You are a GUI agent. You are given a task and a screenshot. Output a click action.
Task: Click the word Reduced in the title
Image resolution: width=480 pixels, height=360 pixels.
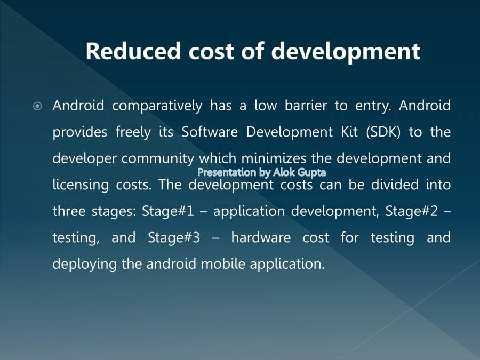coord(133,51)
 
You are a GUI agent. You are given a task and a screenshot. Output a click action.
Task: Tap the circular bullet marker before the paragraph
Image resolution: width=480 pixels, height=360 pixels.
coord(37,106)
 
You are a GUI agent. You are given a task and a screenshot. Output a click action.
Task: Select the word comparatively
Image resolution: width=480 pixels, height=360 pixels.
coord(157,106)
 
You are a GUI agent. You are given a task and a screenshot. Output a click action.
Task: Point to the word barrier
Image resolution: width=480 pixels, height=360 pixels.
coord(306,105)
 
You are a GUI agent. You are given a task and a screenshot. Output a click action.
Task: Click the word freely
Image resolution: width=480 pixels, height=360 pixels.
coord(133,132)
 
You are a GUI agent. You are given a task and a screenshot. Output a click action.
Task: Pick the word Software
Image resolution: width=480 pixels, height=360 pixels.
coord(210,132)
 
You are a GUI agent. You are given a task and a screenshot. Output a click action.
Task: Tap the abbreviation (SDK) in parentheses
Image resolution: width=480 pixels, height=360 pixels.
coord(383,132)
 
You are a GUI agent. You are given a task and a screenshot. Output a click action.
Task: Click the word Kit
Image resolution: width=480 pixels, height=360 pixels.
coord(349,132)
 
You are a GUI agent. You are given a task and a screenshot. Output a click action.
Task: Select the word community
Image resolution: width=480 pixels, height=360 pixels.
coord(158,159)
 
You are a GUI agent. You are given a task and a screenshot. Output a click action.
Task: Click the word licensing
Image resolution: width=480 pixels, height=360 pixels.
coord(81,185)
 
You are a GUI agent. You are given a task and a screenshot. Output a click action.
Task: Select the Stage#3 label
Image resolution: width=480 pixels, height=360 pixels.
coord(174,238)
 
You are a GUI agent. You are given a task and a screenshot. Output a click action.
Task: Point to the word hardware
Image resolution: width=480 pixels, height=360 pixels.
coord(261,237)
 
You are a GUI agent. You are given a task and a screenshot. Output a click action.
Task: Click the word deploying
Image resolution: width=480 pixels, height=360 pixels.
coord(84,264)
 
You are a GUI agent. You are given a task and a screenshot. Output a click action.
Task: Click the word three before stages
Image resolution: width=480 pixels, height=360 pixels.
coord(69,211)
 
